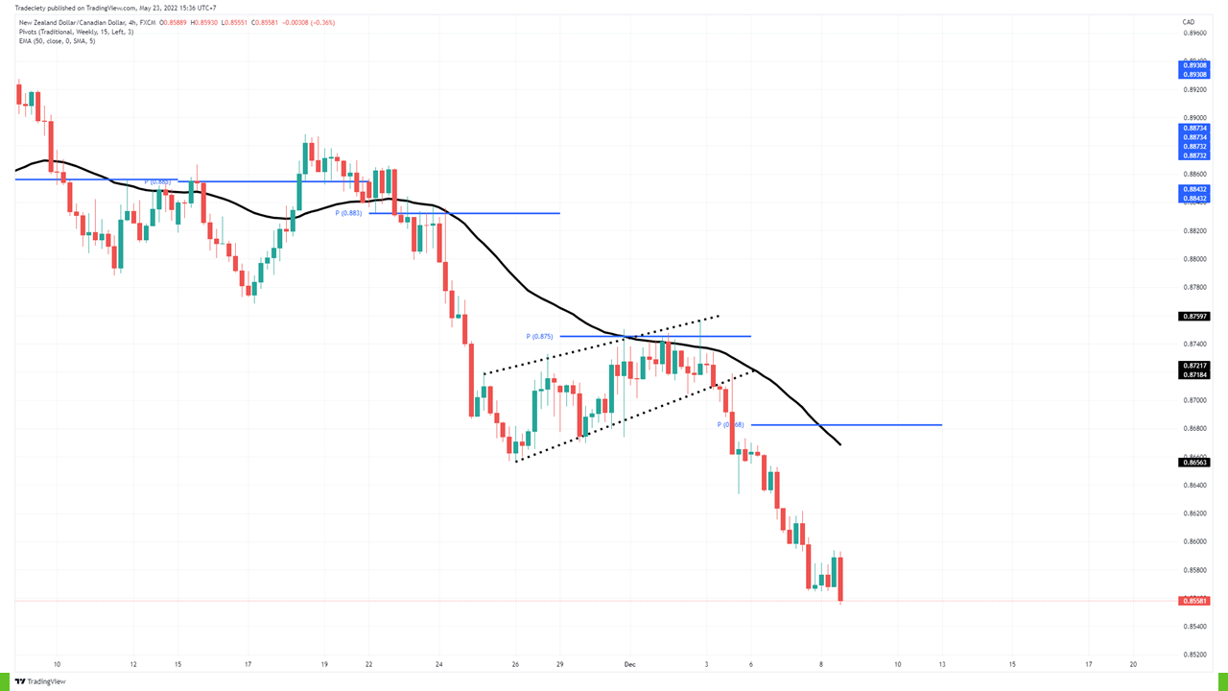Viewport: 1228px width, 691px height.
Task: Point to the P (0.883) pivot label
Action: [x=348, y=213]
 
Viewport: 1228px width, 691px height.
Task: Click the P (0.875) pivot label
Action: [x=540, y=336]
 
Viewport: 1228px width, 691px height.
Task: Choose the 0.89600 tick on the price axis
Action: [x=1193, y=33]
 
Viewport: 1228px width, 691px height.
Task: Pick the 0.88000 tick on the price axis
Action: [x=1193, y=259]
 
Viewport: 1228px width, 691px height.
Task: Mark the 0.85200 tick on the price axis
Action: [x=1193, y=655]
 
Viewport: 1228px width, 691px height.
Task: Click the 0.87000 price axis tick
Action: [x=1193, y=400]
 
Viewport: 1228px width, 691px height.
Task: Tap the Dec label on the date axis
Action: [x=629, y=664]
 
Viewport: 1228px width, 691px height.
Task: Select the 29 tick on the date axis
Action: [x=559, y=664]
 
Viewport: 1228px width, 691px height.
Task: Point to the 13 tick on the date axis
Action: [x=942, y=664]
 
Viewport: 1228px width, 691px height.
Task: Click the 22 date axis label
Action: [x=368, y=664]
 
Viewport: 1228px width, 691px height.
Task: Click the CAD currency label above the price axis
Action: [x=1188, y=21]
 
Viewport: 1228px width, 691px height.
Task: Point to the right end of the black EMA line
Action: [x=840, y=444]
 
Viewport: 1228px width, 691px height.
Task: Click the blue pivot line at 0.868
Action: [x=863, y=424]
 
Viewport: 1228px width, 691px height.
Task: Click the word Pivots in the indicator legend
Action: [x=29, y=32]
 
